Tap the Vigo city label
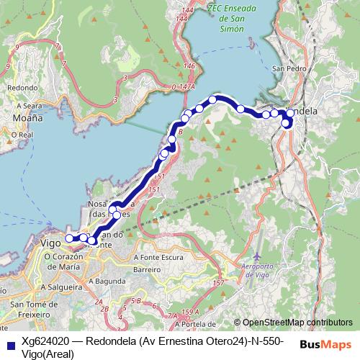[50, 243]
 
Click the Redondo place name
[22, 87]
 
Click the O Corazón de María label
[70, 262]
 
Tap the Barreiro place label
[145, 269]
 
